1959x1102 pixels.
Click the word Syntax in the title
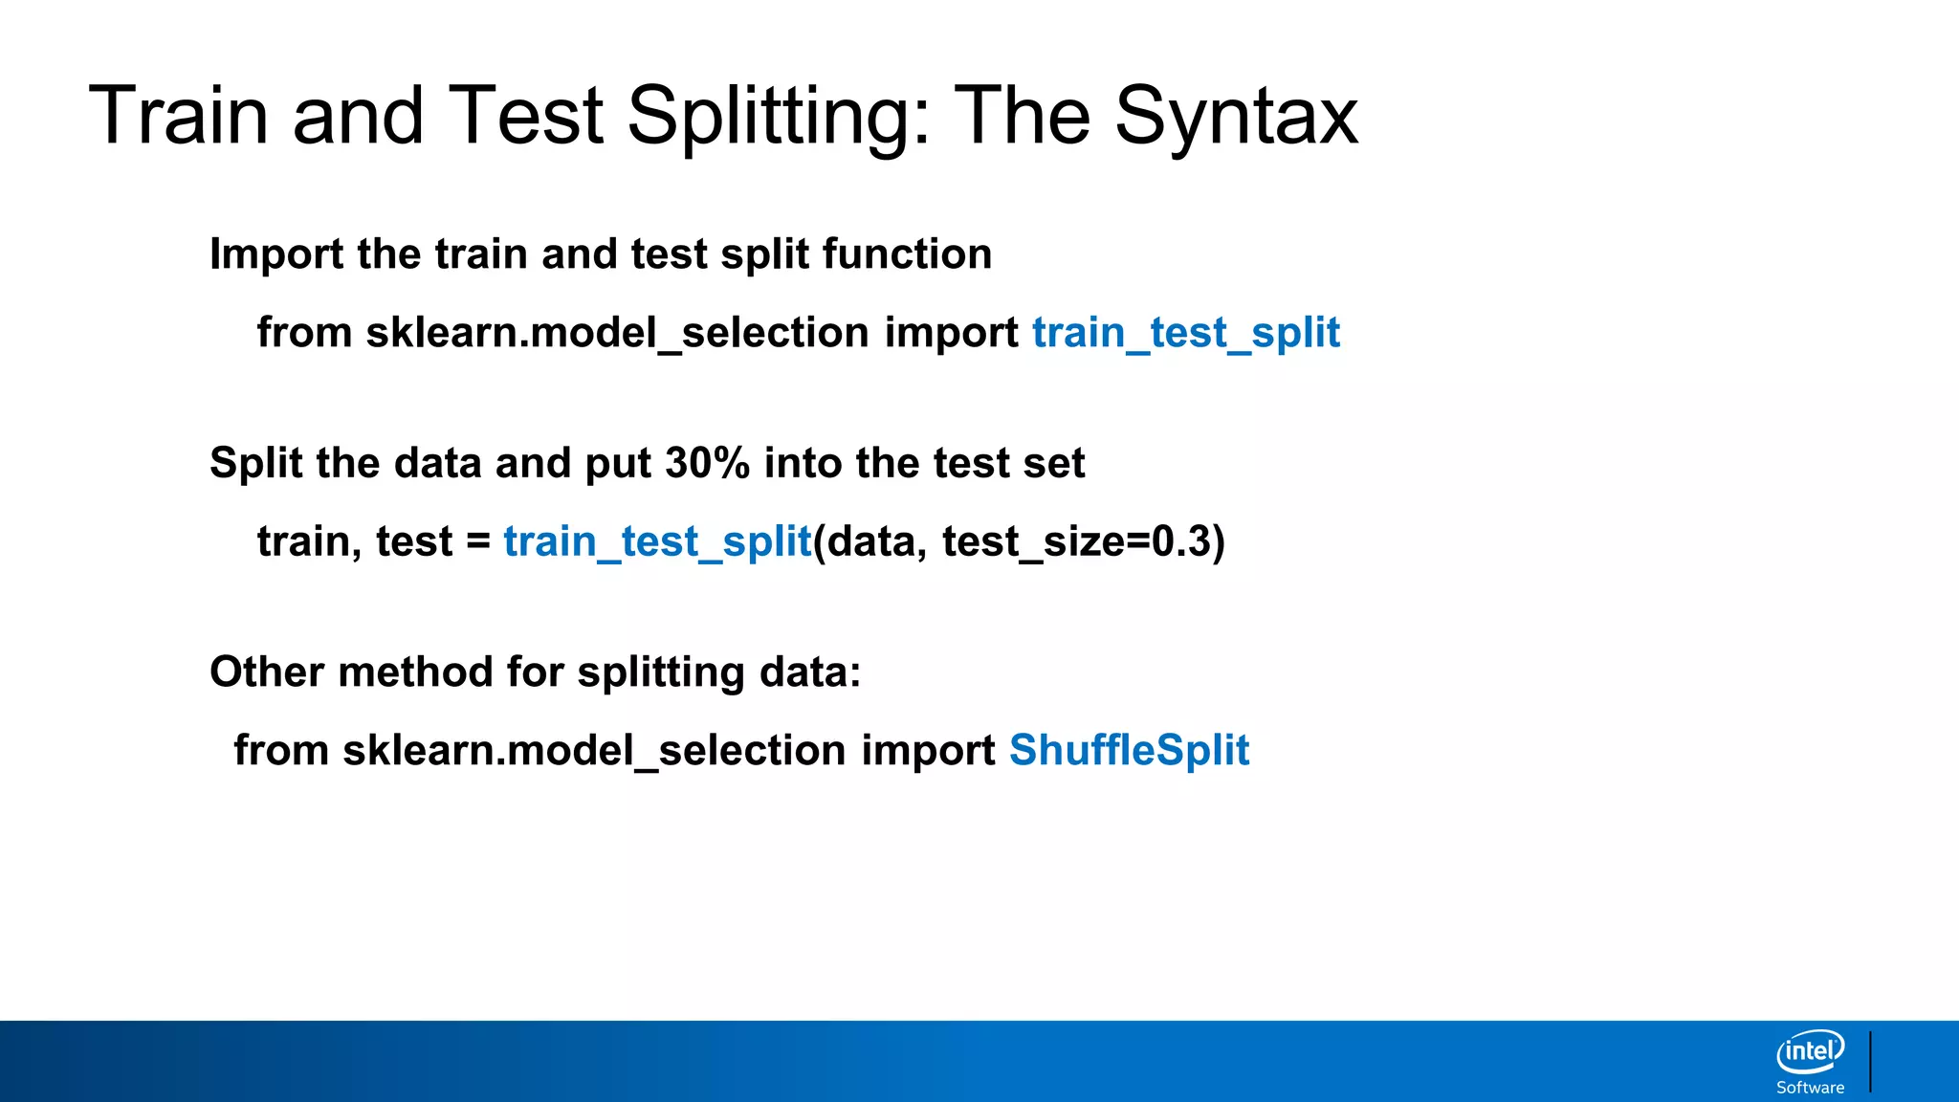[1236, 117]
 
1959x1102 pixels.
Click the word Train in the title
[178, 117]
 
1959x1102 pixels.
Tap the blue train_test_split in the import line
[1185, 333]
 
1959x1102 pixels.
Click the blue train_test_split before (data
[657, 541]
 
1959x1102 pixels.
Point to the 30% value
[707, 463]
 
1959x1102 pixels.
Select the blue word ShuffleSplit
[1129, 750]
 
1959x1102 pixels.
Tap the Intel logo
[1810, 1051]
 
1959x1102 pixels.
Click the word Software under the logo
[1810, 1088]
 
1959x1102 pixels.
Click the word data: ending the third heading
[809, 672]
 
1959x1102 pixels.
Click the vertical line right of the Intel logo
[1870, 1061]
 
